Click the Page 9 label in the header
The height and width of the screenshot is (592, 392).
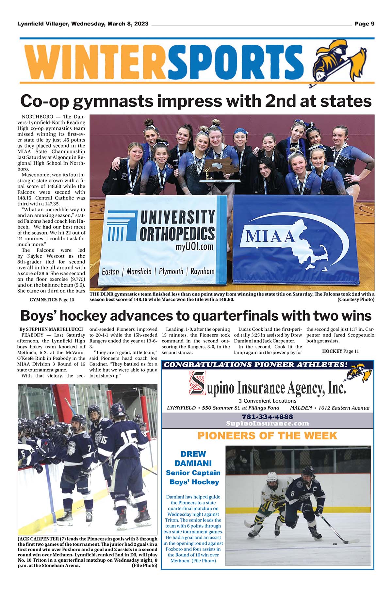point(364,24)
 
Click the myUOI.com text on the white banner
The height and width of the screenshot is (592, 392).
point(195,247)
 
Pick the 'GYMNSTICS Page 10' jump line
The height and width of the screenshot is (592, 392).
point(52,300)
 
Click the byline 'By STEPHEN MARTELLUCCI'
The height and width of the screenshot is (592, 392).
point(51,329)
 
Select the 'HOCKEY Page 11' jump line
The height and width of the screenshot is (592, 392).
point(340,351)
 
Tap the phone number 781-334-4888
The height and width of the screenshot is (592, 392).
point(267,417)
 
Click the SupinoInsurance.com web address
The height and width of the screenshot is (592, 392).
point(267,424)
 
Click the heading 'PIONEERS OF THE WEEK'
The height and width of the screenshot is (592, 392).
point(267,436)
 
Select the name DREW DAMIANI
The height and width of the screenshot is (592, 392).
point(193,458)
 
